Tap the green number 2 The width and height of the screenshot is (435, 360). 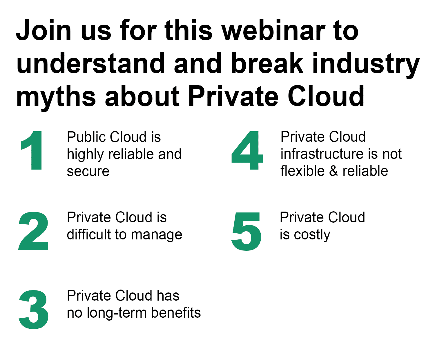[x=33, y=231]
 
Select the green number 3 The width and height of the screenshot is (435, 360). [x=34, y=310]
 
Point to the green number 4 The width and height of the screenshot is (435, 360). [x=247, y=150]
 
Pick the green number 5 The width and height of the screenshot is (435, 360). [x=246, y=231]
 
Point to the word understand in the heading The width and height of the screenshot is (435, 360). [x=91, y=63]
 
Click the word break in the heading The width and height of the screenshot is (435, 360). [x=267, y=63]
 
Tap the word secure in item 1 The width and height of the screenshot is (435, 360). [x=88, y=172]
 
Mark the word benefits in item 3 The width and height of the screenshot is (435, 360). [x=176, y=312]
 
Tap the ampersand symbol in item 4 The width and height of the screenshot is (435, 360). [x=334, y=171]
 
